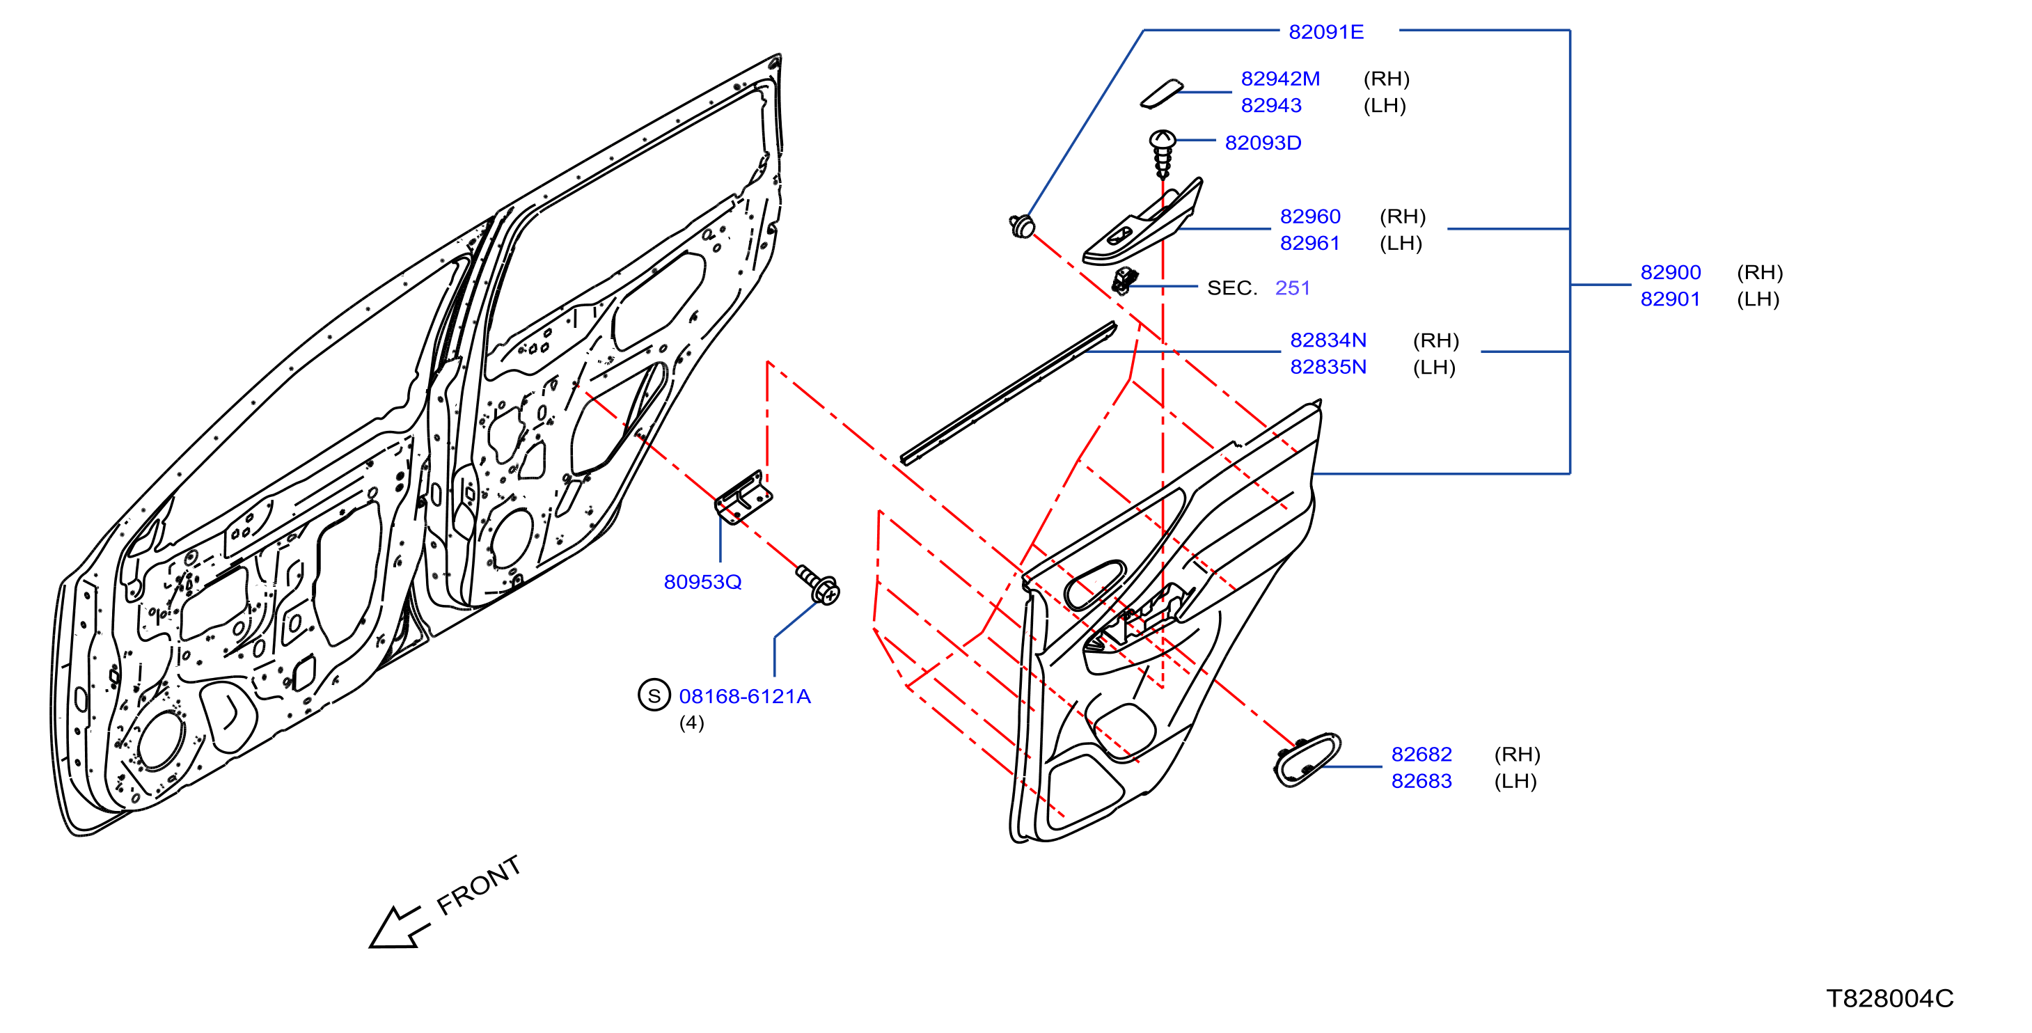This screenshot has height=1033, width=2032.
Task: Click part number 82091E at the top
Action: tap(1325, 31)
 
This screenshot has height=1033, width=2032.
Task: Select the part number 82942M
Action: tap(1279, 79)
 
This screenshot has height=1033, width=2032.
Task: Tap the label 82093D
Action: tap(1262, 143)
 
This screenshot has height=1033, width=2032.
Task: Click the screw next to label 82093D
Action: tap(1162, 154)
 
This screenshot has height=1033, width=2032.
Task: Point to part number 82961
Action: tap(1309, 243)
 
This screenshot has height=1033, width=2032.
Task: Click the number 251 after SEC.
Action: tap(1292, 287)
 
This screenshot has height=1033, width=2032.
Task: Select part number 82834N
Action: tap(1328, 340)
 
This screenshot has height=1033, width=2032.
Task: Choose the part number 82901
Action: tap(1670, 299)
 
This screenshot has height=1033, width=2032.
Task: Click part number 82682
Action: tap(1421, 754)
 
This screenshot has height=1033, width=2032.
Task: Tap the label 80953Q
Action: tap(702, 582)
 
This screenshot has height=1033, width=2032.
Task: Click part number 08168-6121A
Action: tap(744, 696)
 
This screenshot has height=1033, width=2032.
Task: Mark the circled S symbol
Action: tap(653, 695)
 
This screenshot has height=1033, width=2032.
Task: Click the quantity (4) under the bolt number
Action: tap(691, 723)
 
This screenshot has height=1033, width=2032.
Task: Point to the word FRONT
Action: tap(478, 885)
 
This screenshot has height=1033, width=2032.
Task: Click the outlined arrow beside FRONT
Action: tap(398, 927)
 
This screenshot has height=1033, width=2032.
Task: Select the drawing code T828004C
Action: tap(1890, 998)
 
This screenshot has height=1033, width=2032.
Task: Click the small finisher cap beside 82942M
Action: tap(1161, 93)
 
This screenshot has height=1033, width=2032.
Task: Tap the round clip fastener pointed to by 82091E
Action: tap(1023, 226)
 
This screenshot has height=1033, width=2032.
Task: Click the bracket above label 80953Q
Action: tap(742, 497)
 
